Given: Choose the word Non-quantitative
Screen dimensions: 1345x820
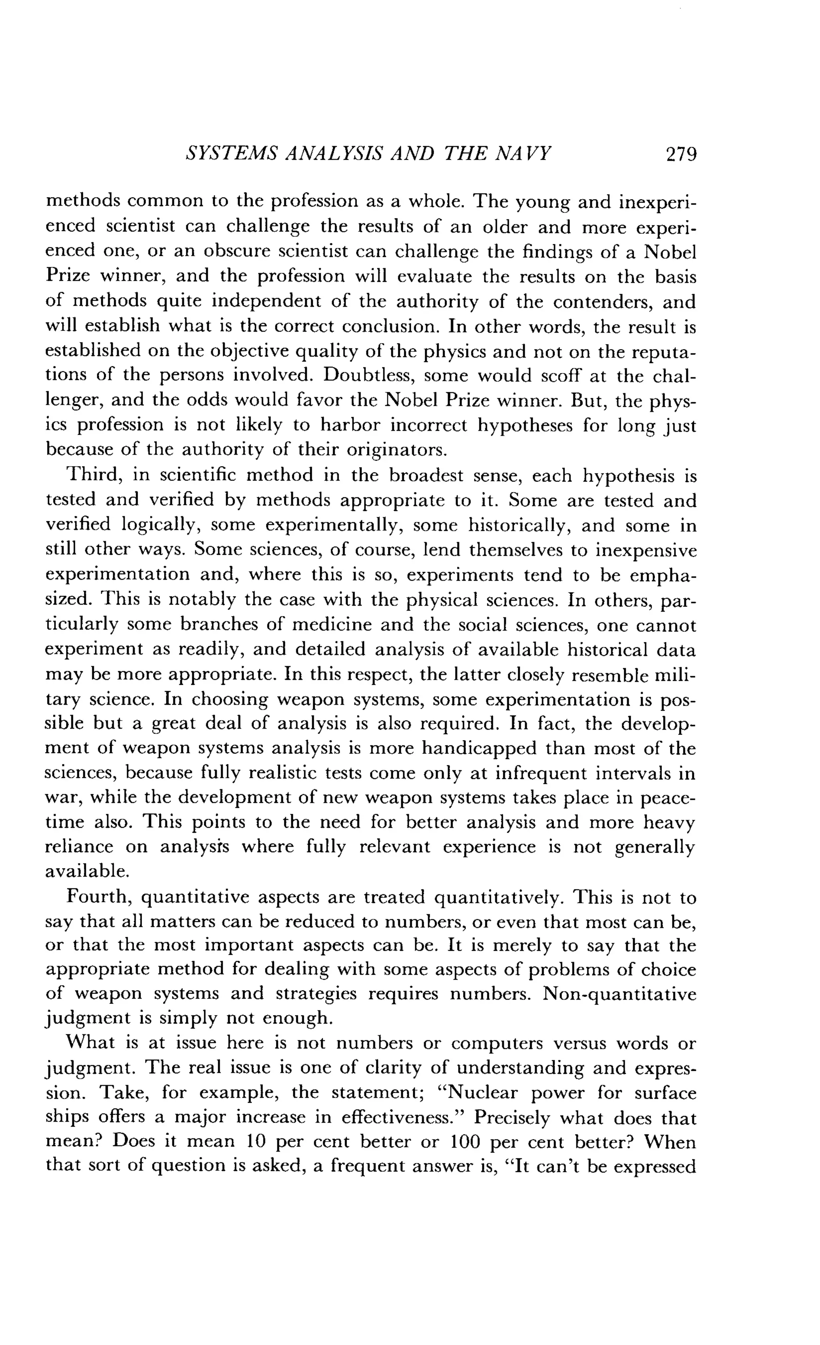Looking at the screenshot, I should (x=620, y=994).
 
